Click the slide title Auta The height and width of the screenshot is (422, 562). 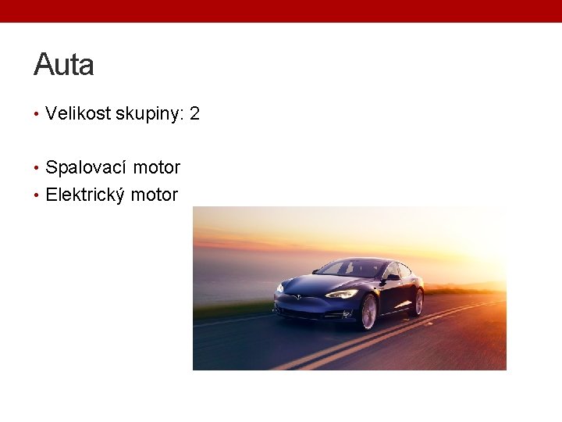63,64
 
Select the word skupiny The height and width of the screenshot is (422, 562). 148,114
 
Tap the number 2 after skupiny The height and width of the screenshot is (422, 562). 194,113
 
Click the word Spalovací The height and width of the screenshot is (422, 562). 86,168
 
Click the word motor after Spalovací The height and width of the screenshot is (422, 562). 156,167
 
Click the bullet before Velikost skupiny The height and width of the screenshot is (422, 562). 37,114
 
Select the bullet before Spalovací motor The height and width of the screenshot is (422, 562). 37,168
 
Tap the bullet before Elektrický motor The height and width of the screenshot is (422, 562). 37,195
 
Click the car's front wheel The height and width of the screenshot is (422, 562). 368,311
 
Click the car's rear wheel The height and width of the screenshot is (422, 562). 418,301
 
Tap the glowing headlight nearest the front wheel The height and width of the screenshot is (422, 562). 342,294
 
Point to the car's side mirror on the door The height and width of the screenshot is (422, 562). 392,277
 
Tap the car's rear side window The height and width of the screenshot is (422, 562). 404,270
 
